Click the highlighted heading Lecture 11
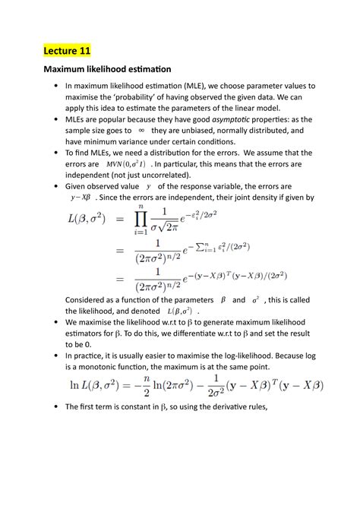[65, 51]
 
